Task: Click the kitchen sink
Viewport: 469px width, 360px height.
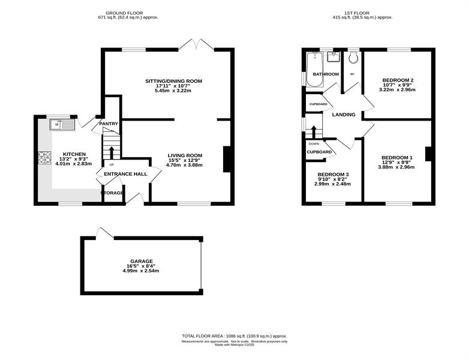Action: pyautogui.click(x=62, y=124)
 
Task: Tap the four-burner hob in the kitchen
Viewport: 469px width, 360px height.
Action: pyautogui.click(x=44, y=158)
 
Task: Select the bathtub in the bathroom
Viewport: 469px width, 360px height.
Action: pyautogui.click(x=314, y=70)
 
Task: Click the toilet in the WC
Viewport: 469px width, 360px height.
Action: pyautogui.click(x=353, y=58)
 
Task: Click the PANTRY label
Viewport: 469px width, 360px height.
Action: pyautogui.click(x=109, y=124)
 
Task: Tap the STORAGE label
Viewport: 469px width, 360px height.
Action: pyautogui.click(x=112, y=193)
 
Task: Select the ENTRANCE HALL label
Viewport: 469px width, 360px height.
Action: pyautogui.click(x=125, y=174)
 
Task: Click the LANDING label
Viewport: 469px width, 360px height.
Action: pyautogui.click(x=344, y=115)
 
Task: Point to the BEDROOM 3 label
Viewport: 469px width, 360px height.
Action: pyautogui.click(x=333, y=175)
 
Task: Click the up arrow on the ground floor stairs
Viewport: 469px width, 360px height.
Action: pyautogui.click(x=112, y=152)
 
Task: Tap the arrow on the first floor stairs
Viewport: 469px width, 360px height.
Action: pyautogui.click(x=314, y=131)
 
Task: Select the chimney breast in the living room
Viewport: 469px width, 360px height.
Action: pyautogui.click(x=227, y=159)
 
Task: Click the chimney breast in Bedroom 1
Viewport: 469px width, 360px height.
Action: pyautogui.click(x=429, y=154)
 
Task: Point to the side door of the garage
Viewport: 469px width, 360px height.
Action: pyautogui.click(x=104, y=233)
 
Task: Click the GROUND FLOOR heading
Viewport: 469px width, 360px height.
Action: pyautogui.click(x=124, y=13)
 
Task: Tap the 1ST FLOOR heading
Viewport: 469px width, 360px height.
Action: pyautogui.click(x=356, y=13)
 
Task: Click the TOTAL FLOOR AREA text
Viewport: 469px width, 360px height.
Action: pyautogui.click(x=235, y=336)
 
